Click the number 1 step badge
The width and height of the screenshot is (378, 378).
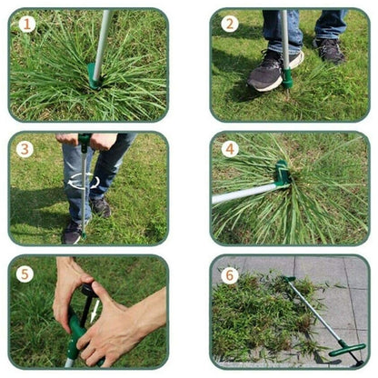point(27,25)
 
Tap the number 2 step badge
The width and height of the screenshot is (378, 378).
point(230,25)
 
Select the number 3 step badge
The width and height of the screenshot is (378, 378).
point(25,148)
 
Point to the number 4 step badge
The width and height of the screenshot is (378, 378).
point(230,148)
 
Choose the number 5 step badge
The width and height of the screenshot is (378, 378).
point(25,272)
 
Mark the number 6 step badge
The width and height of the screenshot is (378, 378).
point(230,272)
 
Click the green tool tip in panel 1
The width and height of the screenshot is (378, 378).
point(94,76)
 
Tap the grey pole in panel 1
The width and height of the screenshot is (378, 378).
point(103,36)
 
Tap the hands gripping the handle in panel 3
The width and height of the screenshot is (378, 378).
point(86,141)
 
